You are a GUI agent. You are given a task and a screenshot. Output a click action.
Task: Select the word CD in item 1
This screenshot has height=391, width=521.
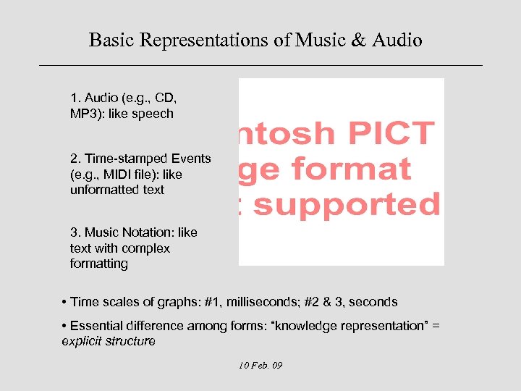click(165, 98)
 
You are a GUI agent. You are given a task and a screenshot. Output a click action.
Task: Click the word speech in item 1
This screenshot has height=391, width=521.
click(153, 114)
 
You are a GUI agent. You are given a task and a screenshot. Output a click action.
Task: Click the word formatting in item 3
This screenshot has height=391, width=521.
click(99, 264)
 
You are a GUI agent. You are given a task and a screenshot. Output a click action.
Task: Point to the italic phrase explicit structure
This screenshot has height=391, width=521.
click(109, 341)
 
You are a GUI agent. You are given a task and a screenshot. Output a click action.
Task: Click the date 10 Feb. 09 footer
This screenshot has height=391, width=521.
click(260, 365)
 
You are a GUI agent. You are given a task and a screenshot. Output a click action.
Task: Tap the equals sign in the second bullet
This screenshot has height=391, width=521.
click(436, 326)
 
